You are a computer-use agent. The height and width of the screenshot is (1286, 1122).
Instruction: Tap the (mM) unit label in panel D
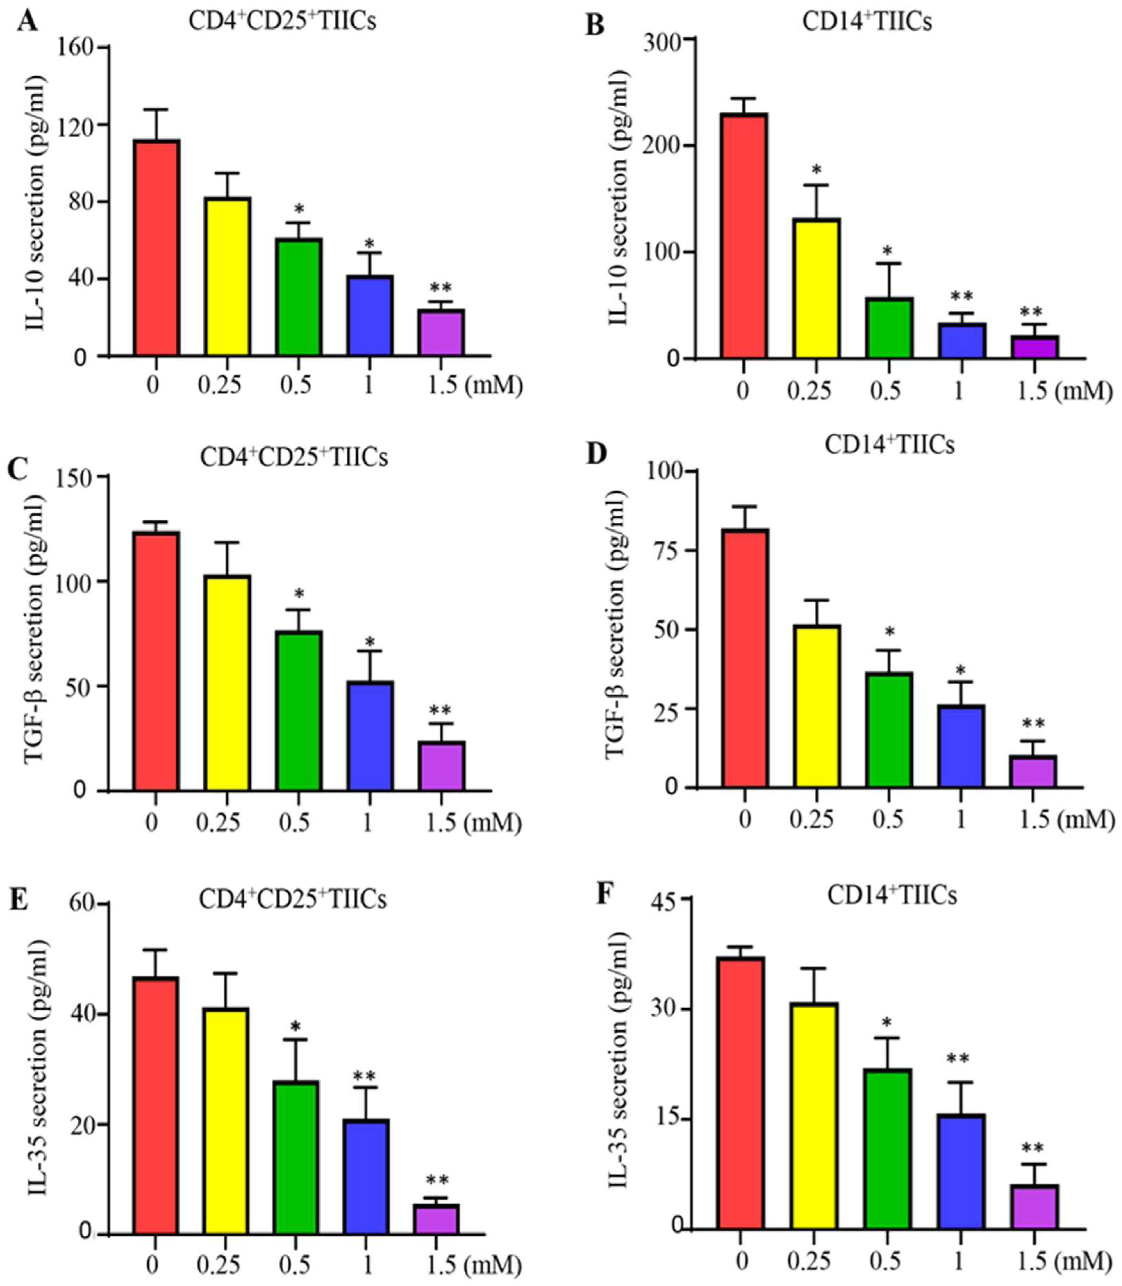[1088, 819]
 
